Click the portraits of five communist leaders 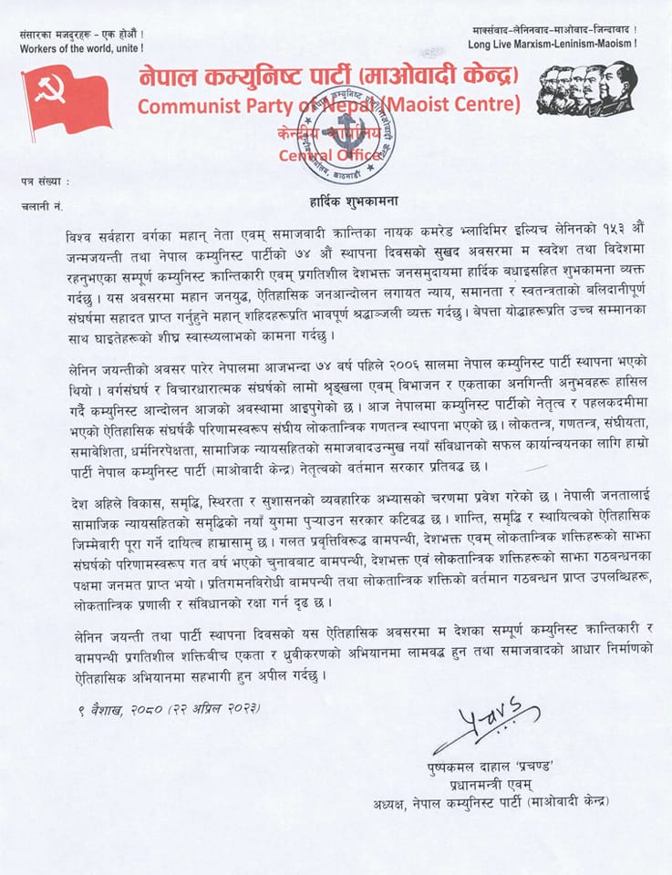[586, 89]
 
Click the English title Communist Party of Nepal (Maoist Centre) [329, 104]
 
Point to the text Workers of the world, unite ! [80, 46]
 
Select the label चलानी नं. [42, 208]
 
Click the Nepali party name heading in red [328, 75]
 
